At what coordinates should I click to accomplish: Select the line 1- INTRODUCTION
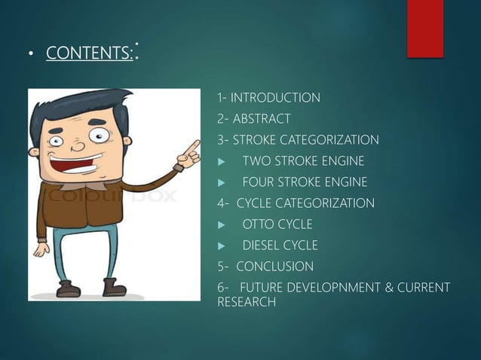coord(268,98)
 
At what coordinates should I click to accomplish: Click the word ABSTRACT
coord(262,119)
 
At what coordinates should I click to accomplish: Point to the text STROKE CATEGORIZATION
coord(305,140)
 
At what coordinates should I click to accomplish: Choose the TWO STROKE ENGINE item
coord(303,161)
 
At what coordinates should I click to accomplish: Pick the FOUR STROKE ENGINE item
coord(305,182)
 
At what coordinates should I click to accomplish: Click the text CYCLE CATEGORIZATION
coord(305,203)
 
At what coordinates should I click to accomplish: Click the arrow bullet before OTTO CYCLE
coord(221,224)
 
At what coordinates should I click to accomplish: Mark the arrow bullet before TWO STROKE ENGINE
coord(221,161)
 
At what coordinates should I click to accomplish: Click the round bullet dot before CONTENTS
coord(32,55)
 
